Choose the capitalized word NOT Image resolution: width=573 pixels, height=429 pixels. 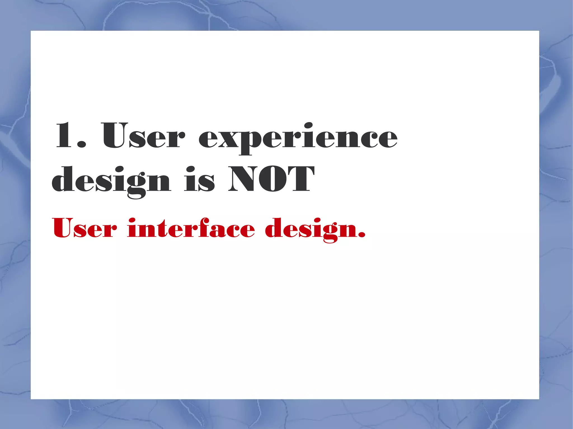[271, 179]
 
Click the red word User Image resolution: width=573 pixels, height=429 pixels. [84, 228]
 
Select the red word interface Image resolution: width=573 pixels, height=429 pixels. [191, 228]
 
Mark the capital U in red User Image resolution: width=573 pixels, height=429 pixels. [62, 227]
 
